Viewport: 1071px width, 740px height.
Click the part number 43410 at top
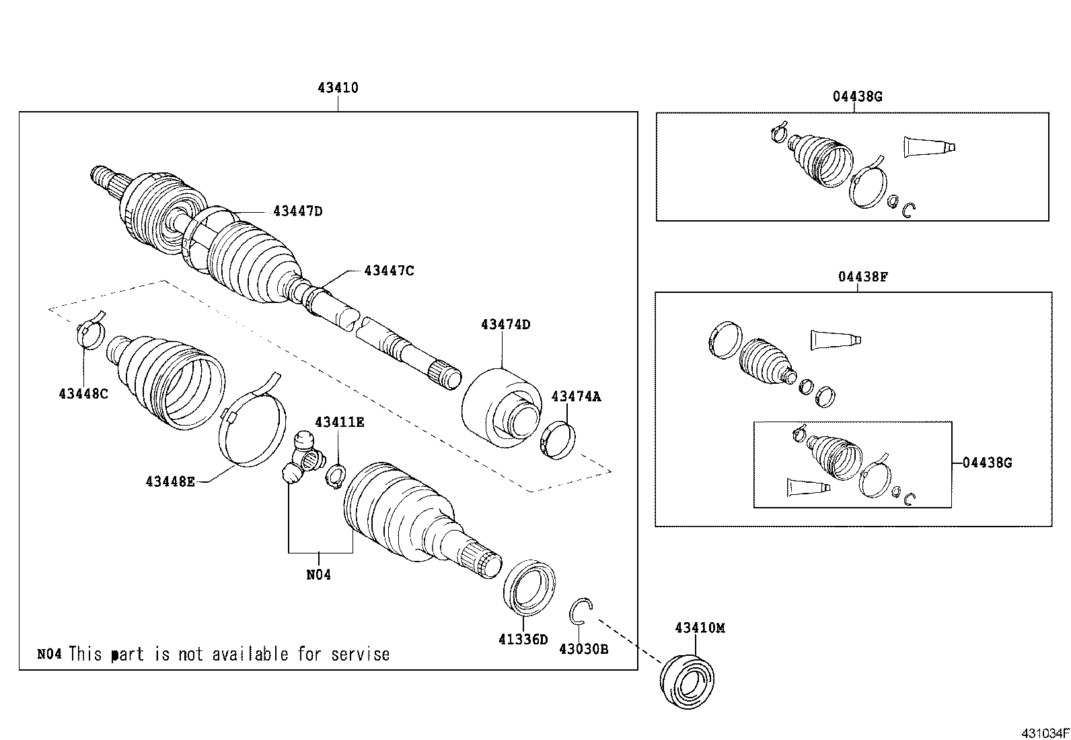(338, 88)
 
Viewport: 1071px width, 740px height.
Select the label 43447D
(298, 211)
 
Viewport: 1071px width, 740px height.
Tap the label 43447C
(389, 271)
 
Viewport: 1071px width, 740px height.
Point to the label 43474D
(505, 325)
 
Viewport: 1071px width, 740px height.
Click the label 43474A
(576, 397)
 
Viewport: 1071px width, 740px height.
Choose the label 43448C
(83, 393)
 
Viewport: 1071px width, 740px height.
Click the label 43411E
(340, 422)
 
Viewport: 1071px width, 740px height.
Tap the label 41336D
(523, 639)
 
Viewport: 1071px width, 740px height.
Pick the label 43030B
(584, 649)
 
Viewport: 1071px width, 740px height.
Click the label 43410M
(700, 628)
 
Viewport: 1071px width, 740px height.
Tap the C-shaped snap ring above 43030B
(581, 609)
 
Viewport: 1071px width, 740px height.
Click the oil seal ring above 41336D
(529, 586)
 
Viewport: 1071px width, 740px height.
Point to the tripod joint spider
(303, 461)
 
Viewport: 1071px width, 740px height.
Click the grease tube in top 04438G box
(928, 146)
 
